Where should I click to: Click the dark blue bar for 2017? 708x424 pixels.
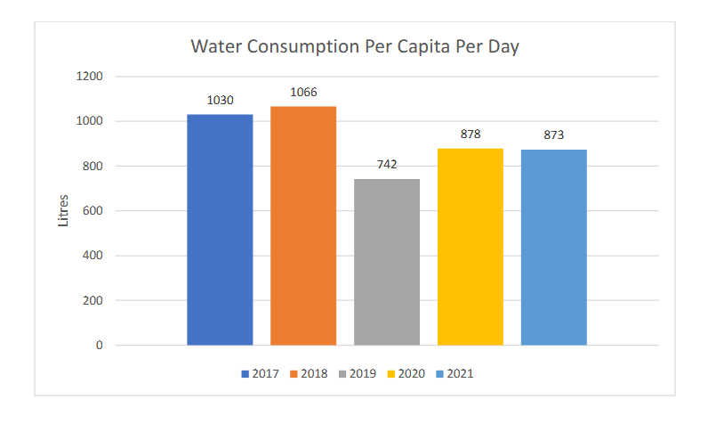[x=220, y=229]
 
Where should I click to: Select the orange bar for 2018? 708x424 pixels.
[x=303, y=225]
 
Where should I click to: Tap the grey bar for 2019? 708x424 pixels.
[x=387, y=262]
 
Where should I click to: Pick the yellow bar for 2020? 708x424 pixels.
[x=471, y=247]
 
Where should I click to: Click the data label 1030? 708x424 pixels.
[x=220, y=100]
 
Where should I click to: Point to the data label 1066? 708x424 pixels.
[x=303, y=92]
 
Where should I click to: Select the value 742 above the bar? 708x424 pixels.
[x=387, y=164]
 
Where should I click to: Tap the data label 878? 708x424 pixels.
[x=471, y=134]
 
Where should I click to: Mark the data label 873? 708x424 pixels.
[x=554, y=135]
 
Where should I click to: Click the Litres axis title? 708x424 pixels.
[x=63, y=211]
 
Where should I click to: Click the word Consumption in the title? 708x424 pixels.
[x=293, y=47]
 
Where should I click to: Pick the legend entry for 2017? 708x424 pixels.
[x=259, y=373]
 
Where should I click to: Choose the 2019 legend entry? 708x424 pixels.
[x=358, y=373]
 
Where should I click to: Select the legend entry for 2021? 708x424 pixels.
[x=454, y=373]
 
